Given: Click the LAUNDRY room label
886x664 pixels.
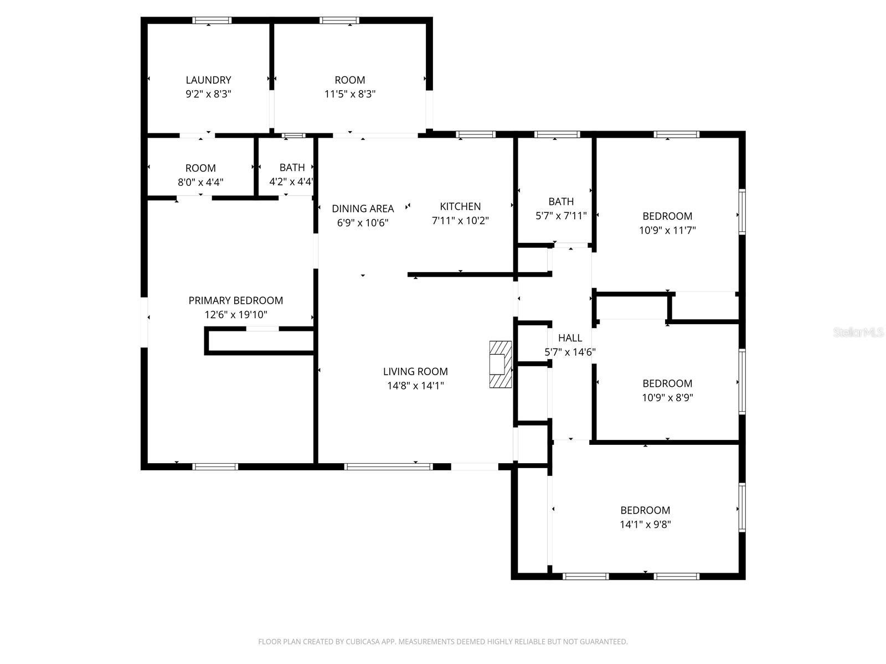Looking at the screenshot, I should coord(208,80).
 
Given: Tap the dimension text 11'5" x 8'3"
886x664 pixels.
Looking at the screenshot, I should coord(349,94).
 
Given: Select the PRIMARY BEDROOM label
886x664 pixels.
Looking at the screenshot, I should coord(235,300).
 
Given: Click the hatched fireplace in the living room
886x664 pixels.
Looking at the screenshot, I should coord(500,364).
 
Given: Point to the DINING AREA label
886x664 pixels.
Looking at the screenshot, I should coord(363,209).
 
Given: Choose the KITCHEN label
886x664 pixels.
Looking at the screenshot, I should coord(460,206).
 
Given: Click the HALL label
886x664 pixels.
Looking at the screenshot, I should coord(570,338).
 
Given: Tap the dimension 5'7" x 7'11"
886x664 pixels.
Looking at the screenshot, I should coord(561,216).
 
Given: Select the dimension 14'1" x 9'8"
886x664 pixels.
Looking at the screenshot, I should coord(645,525).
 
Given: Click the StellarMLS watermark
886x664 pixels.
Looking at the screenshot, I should coord(858,333).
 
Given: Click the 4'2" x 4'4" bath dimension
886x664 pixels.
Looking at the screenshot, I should coord(291,181).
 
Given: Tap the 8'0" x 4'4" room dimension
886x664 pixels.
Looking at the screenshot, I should coord(200,182).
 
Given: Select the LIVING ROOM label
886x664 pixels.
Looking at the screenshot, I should coord(415,371).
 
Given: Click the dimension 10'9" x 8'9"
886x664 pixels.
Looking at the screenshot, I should coord(667,397).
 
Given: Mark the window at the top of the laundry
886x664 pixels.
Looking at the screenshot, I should coord(212,20).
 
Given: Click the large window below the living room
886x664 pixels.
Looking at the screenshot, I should coord(388,466).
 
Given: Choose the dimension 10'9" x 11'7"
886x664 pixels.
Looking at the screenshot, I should coord(667,230).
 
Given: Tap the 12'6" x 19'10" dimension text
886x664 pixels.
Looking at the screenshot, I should coord(235,315).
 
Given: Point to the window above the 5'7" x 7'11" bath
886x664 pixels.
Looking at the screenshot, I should coord(557,134).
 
